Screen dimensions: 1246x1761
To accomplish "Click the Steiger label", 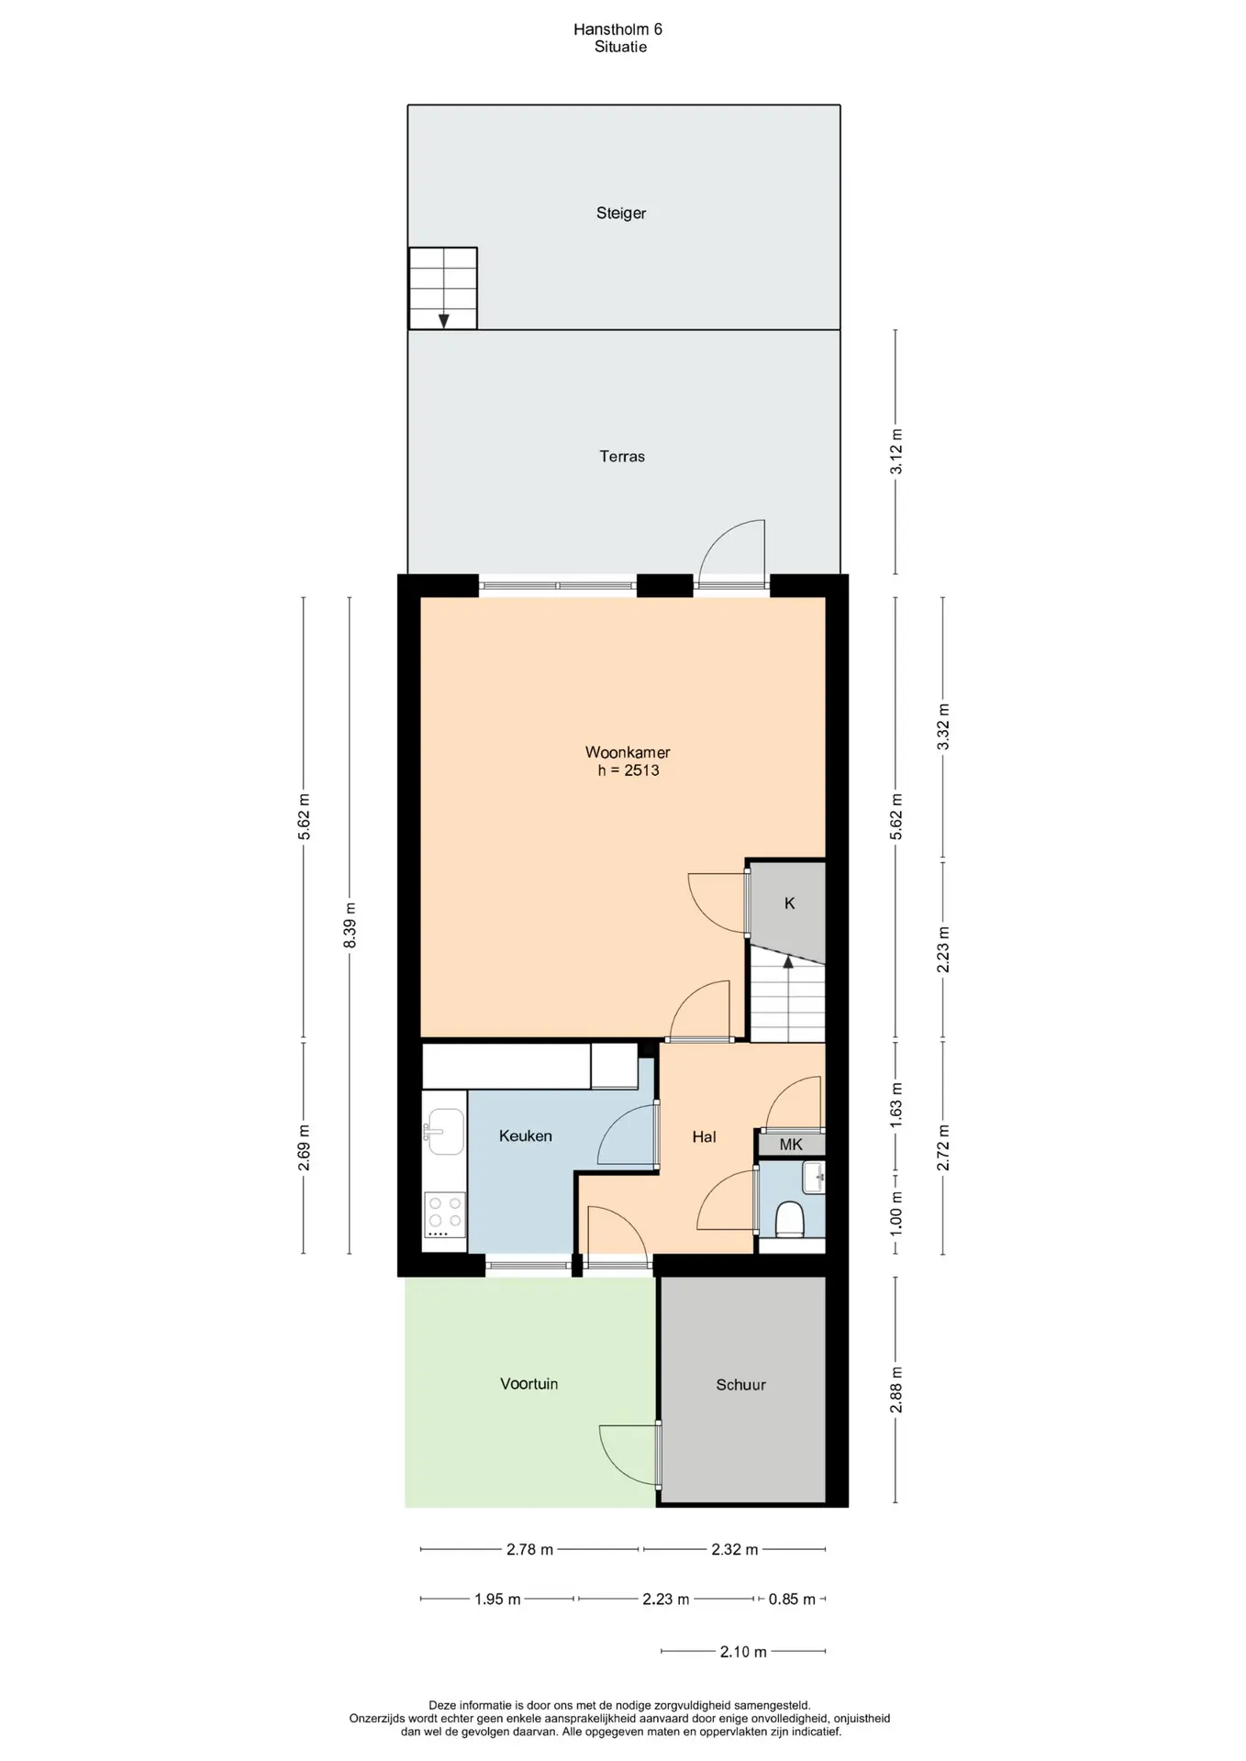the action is [621, 214].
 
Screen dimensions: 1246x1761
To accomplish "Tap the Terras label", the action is [622, 456].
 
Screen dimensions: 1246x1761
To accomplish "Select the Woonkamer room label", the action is [628, 752].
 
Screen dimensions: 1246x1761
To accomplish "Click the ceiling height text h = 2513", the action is [629, 770].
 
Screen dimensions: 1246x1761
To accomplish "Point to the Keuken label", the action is [526, 1135].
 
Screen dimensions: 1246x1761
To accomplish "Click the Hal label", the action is [704, 1136].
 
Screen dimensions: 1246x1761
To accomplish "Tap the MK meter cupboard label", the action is [791, 1144].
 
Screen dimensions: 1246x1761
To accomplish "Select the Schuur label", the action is [740, 1385].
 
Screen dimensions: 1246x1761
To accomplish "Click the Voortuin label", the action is [528, 1384].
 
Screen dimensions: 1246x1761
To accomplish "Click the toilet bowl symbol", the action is [790, 1220].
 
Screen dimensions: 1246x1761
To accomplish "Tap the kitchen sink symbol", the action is [445, 1132].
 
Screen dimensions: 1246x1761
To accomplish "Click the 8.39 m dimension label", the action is [350, 925].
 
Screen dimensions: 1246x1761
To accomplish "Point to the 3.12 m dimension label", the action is [896, 451].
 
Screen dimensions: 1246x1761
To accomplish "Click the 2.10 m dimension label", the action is [743, 1652].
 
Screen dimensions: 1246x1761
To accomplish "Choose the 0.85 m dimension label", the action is [792, 1600].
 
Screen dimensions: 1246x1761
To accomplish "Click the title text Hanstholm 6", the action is [617, 29].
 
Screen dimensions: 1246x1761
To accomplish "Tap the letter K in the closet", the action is [790, 903].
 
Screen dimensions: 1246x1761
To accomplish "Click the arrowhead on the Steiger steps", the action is [443, 321].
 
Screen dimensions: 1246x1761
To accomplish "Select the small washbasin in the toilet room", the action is [813, 1177].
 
